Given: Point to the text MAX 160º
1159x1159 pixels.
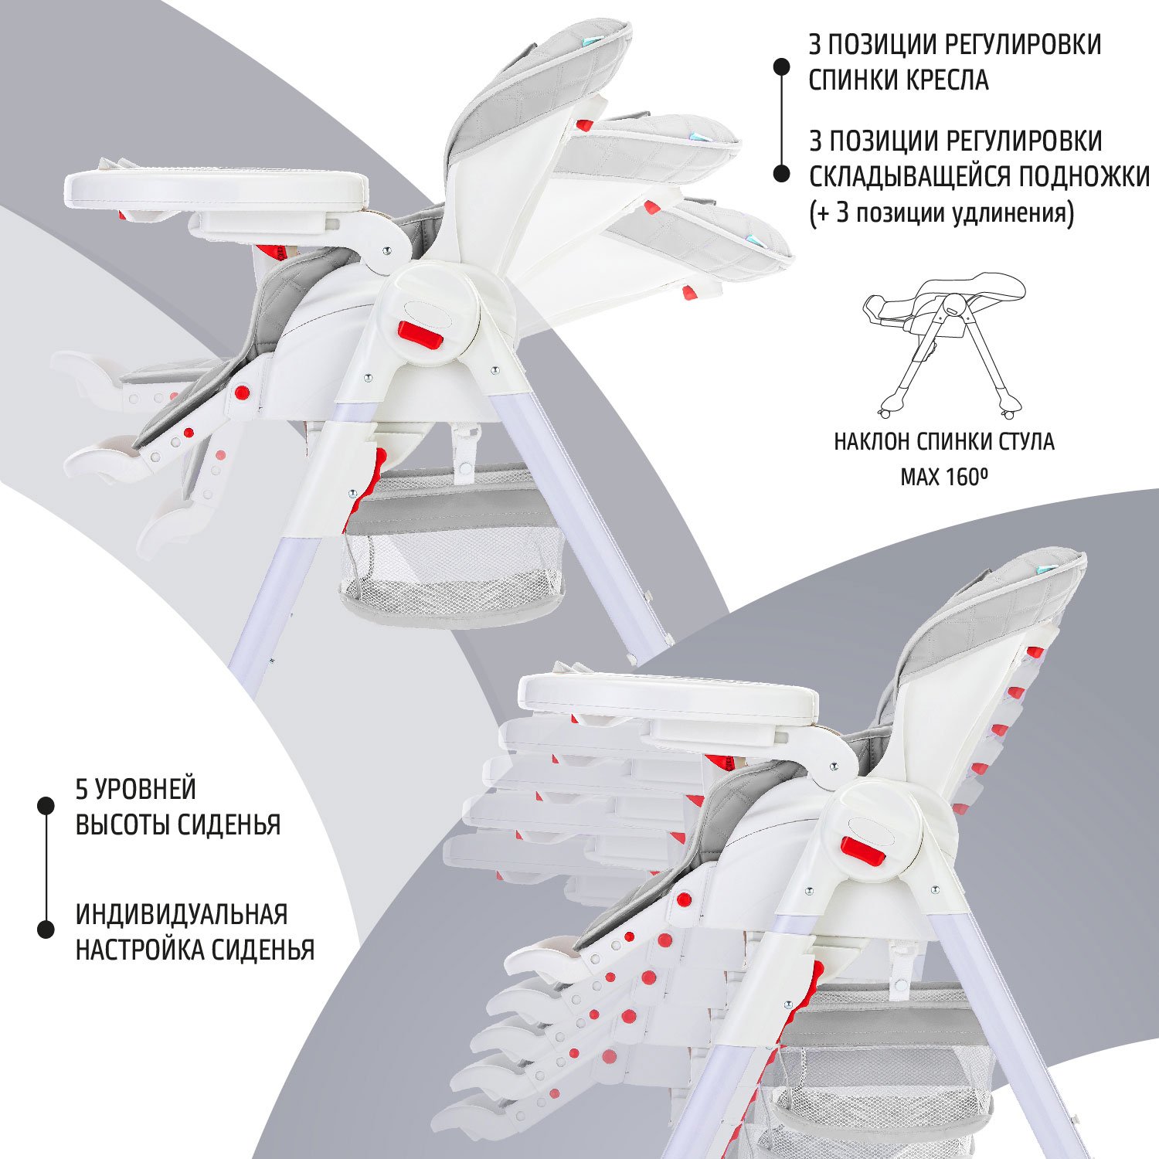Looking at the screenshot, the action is (x=944, y=477).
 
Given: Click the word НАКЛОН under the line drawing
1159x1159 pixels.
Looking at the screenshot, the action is (x=873, y=442).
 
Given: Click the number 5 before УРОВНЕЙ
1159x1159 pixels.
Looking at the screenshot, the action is (x=82, y=790).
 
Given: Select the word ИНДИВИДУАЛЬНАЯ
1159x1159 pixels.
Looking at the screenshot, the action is (x=182, y=914).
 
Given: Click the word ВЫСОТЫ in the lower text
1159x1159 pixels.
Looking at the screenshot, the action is (x=123, y=824).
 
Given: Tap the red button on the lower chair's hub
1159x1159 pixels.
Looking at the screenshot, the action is (x=863, y=851).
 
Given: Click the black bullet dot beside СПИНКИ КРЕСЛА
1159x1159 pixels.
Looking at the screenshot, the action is (x=782, y=67).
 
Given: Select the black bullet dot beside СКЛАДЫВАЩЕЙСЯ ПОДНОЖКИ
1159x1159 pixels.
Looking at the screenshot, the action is (x=782, y=175).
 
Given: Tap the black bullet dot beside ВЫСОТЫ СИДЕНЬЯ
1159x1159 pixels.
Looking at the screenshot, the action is (x=46, y=806).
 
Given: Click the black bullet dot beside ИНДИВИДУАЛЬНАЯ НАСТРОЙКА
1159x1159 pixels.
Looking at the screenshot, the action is (x=46, y=930).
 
